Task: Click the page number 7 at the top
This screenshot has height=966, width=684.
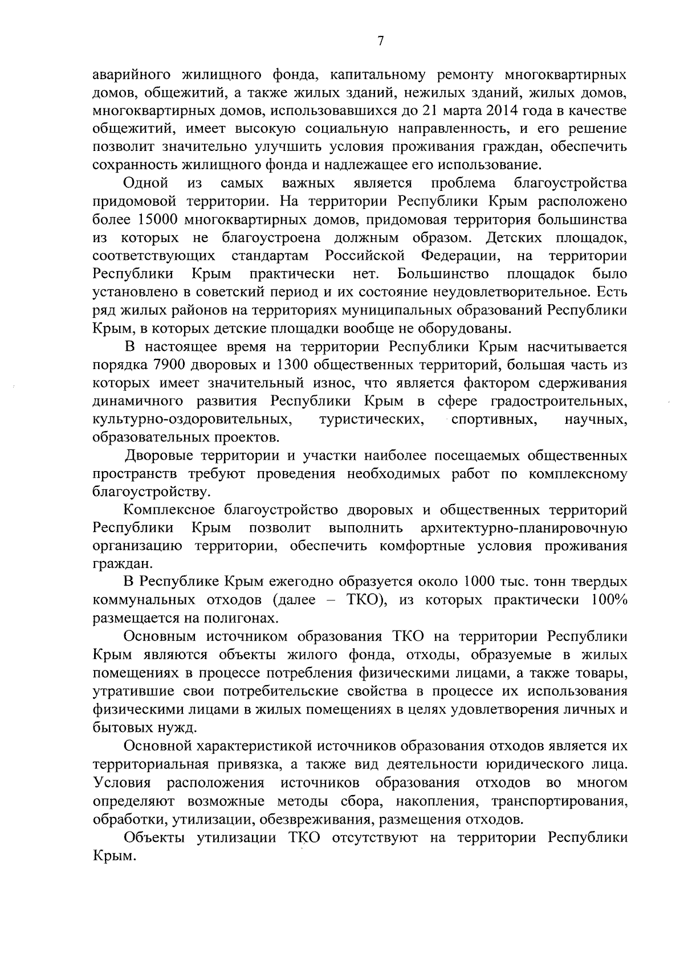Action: (381, 40)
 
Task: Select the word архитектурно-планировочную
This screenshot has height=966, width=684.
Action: (523, 528)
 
